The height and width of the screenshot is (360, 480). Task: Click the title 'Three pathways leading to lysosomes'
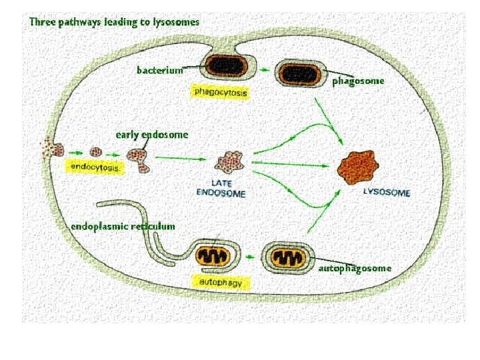pos(114,21)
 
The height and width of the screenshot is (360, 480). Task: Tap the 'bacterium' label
pos(159,69)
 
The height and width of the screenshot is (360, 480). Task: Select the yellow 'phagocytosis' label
pos(220,92)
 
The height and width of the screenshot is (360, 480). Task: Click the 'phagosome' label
pos(358,81)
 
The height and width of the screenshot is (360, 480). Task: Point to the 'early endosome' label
pos(152,135)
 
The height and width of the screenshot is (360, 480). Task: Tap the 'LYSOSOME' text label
pos(387,192)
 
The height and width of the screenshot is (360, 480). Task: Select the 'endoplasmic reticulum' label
pos(123,226)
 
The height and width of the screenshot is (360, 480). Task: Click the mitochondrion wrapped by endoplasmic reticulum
pos(213,256)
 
